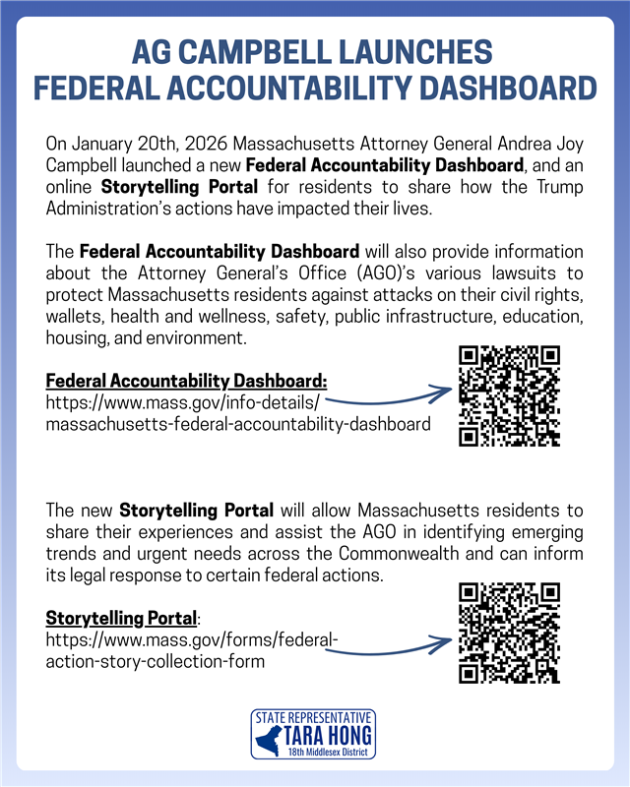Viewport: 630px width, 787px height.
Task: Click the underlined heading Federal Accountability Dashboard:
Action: point(186,381)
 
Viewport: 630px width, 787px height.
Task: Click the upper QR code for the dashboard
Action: point(509,395)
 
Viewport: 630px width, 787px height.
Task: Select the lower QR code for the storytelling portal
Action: point(509,634)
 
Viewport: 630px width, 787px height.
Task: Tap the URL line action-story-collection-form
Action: point(156,662)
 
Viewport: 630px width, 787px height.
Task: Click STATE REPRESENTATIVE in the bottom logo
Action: point(314,717)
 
